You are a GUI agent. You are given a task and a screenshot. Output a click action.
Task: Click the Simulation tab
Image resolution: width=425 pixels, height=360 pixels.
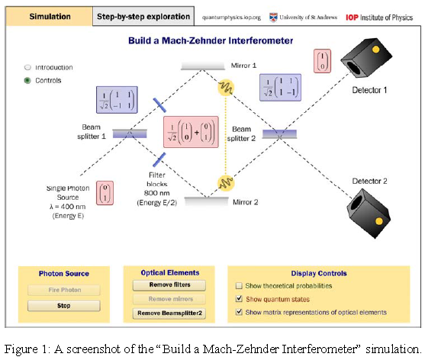[49, 16]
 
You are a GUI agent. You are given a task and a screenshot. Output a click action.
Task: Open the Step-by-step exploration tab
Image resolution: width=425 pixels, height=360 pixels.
[143, 16]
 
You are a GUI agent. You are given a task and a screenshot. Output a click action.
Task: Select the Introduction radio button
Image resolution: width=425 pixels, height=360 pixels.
[27, 67]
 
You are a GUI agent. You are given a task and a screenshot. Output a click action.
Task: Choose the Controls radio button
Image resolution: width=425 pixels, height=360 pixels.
[27, 80]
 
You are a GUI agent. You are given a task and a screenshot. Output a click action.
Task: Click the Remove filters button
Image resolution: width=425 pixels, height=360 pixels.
[169, 285]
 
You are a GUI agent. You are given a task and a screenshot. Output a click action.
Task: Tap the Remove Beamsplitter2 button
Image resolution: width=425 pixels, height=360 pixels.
[169, 313]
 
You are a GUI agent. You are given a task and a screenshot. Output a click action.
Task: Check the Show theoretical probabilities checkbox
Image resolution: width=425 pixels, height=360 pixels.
[239, 285]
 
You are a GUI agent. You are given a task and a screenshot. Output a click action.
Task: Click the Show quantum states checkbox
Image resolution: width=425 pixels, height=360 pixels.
[239, 299]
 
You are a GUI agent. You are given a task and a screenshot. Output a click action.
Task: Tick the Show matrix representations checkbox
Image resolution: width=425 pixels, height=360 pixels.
[239, 312]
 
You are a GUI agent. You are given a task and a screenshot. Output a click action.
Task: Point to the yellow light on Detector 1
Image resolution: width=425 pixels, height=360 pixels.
[375, 50]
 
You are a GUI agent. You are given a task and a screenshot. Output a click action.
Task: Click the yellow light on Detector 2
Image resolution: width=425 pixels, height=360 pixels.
[379, 221]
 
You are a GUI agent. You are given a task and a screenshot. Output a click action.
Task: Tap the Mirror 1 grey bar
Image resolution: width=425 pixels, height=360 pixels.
[203, 66]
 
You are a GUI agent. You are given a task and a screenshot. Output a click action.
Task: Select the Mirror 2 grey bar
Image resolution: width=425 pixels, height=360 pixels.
[206, 201]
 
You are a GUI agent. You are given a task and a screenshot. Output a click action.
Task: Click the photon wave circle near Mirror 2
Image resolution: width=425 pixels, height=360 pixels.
[226, 183]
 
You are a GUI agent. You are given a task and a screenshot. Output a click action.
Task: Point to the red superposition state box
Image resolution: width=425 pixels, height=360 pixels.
[191, 132]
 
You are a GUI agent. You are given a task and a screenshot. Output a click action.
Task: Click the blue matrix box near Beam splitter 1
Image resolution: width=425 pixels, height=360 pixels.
[117, 100]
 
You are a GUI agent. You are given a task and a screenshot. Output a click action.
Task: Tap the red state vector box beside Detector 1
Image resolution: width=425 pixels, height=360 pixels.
[322, 61]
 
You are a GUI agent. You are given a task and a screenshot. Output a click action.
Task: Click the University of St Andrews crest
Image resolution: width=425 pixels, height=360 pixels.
[273, 18]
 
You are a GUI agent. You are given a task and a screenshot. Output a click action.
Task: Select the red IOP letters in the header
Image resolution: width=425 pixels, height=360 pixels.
[352, 18]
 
